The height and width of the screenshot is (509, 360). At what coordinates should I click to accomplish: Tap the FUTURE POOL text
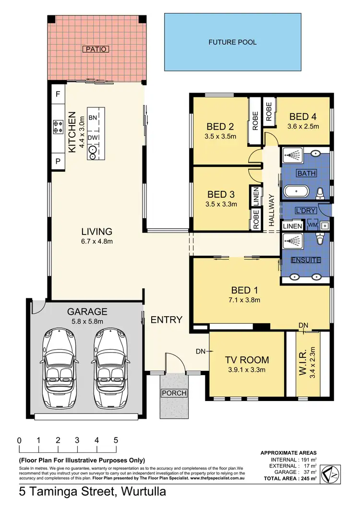232,42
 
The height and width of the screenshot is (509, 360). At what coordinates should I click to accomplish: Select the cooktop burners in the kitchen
58,127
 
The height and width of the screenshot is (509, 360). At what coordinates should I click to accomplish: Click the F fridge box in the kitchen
58,95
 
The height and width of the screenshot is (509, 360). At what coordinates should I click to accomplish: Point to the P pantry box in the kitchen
58,162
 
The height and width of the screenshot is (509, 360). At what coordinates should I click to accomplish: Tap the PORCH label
173,393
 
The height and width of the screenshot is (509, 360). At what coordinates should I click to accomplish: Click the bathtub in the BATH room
297,192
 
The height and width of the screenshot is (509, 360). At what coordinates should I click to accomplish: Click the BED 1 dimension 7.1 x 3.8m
244,301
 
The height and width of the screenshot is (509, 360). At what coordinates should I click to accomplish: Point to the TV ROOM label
247,360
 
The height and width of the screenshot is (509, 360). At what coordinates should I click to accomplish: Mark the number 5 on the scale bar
116,440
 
